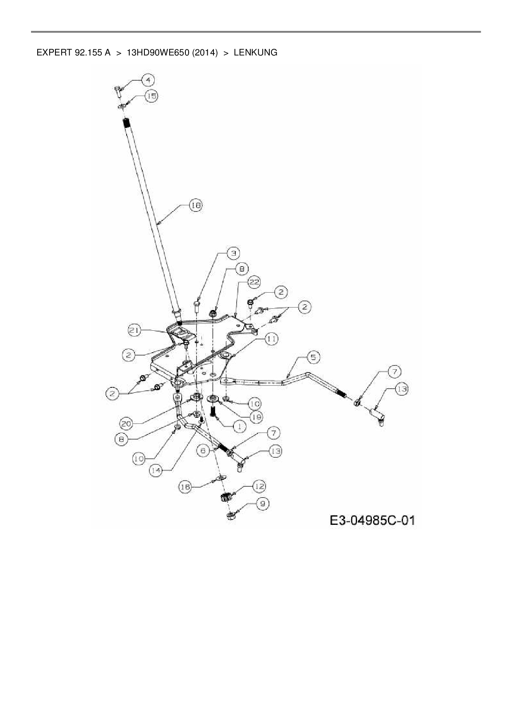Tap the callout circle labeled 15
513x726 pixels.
coord(152,96)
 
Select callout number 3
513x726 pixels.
coord(234,253)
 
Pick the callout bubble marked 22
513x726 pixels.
coord(254,282)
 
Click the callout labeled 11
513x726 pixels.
coord(271,339)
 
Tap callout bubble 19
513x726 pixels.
coord(256,417)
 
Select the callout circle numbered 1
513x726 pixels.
coord(239,426)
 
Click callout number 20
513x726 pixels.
coord(127,423)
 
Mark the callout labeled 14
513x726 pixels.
coord(156,471)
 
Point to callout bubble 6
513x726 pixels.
coord(203,451)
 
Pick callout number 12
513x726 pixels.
coord(259,486)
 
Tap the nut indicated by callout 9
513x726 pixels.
coord(230,516)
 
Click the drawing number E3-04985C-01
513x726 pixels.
coord(372,520)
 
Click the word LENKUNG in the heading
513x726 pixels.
coord(255,53)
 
